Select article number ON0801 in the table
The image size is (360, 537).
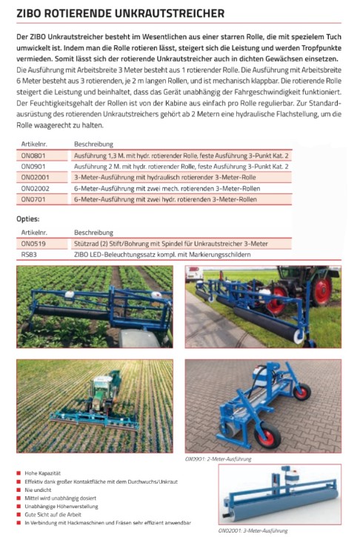(x=33, y=156)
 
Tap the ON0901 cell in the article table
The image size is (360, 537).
(x=33, y=167)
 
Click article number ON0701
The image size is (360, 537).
(x=33, y=199)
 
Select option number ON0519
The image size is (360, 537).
(x=33, y=243)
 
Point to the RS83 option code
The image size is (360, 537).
(x=29, y=254)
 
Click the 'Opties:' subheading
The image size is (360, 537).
(x=30, y=219)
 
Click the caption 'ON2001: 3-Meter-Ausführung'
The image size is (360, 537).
(x=253, y=530)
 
